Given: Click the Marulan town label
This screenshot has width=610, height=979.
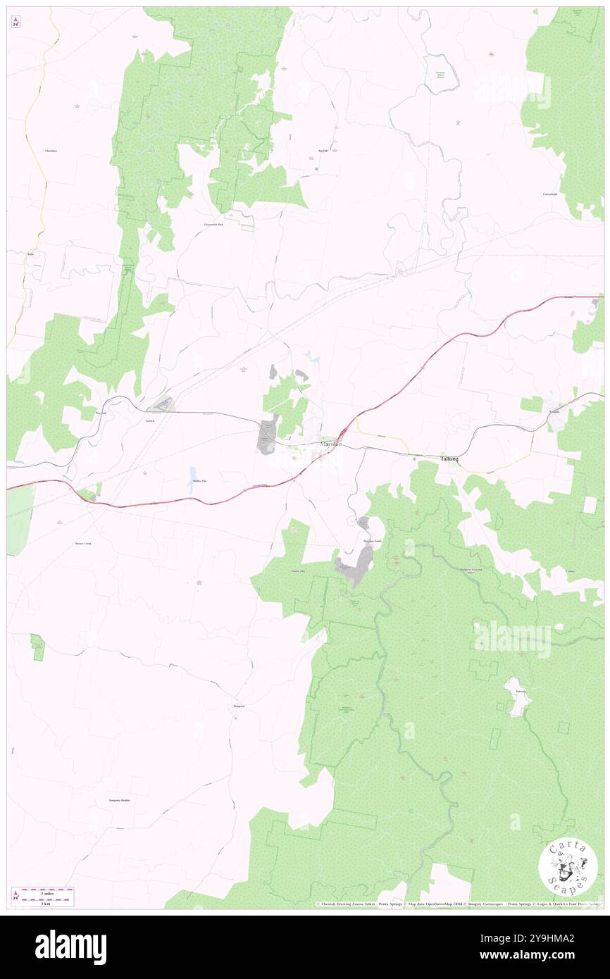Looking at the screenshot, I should coord(330,444).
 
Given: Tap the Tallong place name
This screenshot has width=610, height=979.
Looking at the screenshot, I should coord(449,459).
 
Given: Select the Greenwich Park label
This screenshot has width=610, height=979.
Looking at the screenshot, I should coord(208,224).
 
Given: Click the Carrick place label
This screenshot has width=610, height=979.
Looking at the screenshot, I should coord(149,420).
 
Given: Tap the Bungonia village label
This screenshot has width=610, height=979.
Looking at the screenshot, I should coord(239,706).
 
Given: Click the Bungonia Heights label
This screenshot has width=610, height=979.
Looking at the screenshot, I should coord(120,801).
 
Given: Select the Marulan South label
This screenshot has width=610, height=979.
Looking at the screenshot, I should coord(373,540).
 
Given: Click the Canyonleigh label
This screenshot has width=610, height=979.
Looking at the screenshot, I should coord(550,194).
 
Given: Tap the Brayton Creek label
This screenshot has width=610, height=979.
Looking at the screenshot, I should coord(83,544).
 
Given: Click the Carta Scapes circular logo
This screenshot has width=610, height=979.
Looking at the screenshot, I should coord(568,867).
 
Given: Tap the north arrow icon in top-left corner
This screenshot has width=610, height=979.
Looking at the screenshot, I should coord(15,21).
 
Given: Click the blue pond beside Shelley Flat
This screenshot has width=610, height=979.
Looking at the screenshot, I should coord(193,472).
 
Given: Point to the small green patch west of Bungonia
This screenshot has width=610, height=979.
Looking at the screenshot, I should coord(37,647).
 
